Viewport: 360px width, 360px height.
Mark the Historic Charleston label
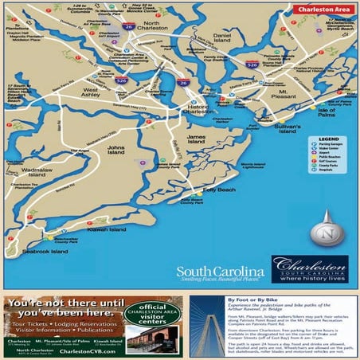(x=198, y=110)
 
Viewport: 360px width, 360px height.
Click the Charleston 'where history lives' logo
(x=309, y=269)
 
